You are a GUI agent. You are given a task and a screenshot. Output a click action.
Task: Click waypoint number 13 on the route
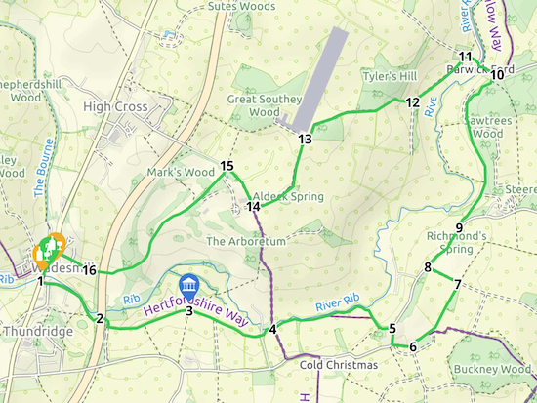click(x=305, y=140)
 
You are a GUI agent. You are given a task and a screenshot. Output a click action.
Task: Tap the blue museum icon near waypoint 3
click(x=187, y=287)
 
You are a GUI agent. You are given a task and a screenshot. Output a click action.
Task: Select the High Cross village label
click(x=115, y=106)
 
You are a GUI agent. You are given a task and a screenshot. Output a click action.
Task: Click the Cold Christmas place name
click(x=338, y=365)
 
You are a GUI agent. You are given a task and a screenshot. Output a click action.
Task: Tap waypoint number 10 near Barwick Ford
click(x=497, y=75)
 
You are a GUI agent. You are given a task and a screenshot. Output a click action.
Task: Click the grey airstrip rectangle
click(x=322, y=78)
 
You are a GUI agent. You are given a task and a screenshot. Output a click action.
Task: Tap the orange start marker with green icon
click(x=48, y=251)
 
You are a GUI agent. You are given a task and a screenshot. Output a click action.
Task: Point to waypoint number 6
click(x=413, y=347)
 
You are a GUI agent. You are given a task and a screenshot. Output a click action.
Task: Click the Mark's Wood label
click(x=180, y=173)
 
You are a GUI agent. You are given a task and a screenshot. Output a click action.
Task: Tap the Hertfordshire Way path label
click(x=196, y=310)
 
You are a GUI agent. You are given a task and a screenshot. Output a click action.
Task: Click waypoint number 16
click(x=89, y=270)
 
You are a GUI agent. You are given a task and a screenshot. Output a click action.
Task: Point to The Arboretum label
click(x=245, y=241)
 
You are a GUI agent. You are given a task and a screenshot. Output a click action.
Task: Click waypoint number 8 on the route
click(x=428, y=268)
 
